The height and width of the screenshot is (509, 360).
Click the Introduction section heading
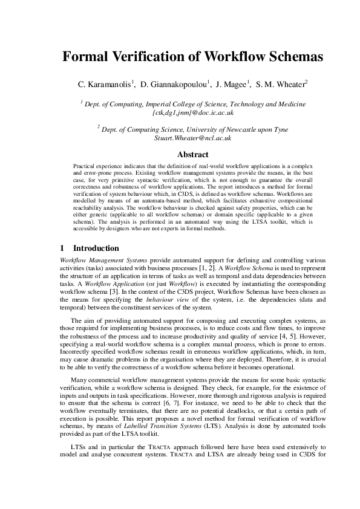click(96, 248)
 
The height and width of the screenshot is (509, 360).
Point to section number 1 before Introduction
click(63, 248)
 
